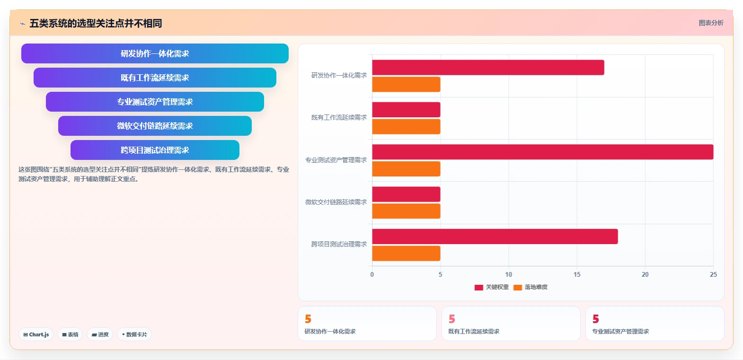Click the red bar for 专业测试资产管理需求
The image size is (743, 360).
543,152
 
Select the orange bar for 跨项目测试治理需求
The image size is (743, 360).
406,253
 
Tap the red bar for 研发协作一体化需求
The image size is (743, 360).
488,67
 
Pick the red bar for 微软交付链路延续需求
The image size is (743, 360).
406,194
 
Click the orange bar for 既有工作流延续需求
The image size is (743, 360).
406,127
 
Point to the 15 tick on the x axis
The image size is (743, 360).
577,274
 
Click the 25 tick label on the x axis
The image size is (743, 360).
713,274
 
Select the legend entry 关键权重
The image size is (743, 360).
492,287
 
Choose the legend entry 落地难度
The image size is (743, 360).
531,287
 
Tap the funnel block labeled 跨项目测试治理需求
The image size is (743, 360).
155,150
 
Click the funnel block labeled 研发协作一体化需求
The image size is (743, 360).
155,53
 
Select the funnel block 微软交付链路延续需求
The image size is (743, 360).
155,126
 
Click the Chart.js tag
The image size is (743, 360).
36,334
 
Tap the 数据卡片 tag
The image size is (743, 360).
134,334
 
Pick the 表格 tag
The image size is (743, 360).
70,334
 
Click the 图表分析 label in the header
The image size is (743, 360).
711,23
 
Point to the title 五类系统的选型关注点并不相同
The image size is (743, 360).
96,23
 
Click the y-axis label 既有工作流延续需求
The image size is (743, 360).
339,117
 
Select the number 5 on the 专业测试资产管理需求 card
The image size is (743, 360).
596,319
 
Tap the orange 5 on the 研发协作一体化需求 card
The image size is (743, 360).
308,319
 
